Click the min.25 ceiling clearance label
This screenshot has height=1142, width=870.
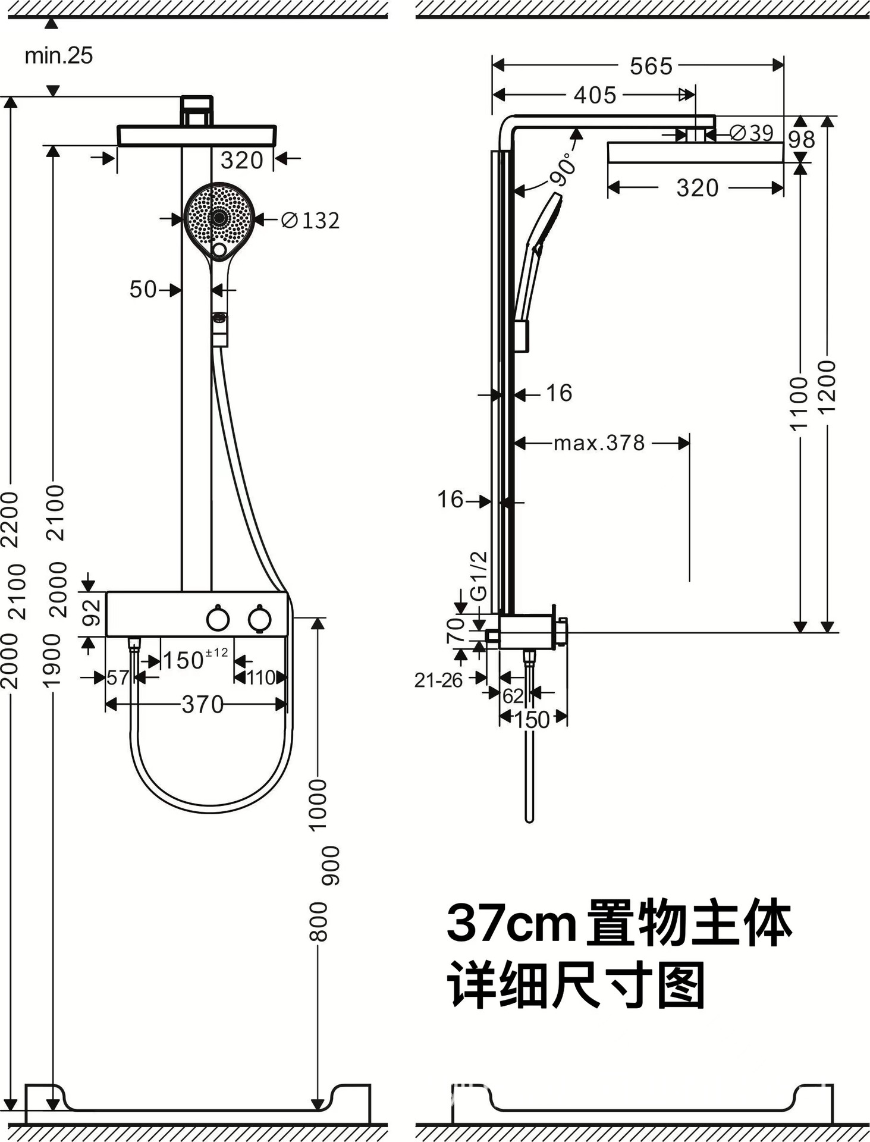58,56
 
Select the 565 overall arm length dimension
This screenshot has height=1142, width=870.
651,66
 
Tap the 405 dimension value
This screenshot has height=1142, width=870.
595,95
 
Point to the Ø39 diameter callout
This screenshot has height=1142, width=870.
751,133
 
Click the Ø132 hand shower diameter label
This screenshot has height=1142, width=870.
310,221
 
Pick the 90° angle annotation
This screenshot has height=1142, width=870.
563,170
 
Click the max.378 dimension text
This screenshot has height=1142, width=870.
599,443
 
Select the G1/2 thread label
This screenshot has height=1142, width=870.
479,576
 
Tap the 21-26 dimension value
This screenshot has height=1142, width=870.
438,680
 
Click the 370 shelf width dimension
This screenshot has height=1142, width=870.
202,705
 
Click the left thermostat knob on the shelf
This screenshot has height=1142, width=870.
218,619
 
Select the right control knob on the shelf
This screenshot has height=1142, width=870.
260,619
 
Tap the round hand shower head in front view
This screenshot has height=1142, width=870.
219,218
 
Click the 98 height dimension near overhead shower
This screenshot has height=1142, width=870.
801,140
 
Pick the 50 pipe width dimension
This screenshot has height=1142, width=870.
143,290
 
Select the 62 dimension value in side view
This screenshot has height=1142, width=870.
513,695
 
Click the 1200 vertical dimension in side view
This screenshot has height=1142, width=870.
827,387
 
